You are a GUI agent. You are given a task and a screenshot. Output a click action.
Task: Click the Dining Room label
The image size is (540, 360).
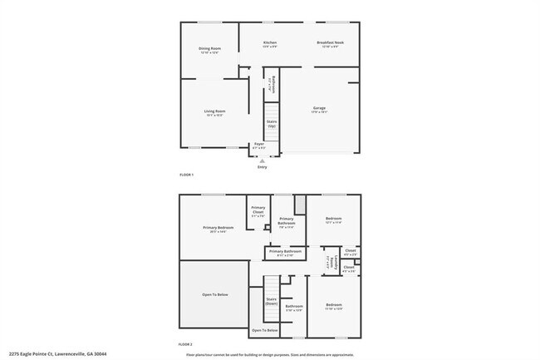click(x=209, y=50)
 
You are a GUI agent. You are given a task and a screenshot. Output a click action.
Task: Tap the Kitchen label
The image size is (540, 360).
click(x=269, y=43)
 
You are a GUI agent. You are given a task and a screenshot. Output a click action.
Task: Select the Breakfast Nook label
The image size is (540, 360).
click(x=330, y=43)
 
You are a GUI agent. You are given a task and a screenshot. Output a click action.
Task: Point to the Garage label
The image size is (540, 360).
click(x=319, y=109)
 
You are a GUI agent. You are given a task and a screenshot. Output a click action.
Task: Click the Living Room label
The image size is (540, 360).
click(x=215, y=112)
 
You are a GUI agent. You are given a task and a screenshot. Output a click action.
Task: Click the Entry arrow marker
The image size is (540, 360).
click(x=263, y=160)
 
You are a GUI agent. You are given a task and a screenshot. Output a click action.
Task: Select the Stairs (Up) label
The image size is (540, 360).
click(x=272, y=124)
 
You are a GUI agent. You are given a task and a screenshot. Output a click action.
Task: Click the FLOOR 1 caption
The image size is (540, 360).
click(x=186, y=175)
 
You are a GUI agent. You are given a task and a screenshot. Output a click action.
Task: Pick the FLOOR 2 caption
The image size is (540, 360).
click(x=186, y=343)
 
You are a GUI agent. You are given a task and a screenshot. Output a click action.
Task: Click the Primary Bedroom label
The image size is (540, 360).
click(x=218, y=229)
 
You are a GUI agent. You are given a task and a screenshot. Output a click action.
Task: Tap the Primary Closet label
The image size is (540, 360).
click(x=258, y=211)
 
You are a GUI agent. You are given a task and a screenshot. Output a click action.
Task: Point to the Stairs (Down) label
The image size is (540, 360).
click(x=272, y=301)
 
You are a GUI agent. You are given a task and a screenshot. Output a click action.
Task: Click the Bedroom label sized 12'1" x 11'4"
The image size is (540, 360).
click(x=333, y=220)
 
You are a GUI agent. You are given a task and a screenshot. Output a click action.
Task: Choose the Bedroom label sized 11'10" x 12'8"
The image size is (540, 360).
click(x=333, y=307)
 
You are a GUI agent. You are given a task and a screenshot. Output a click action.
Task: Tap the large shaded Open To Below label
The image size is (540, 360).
click(x=214, y=295)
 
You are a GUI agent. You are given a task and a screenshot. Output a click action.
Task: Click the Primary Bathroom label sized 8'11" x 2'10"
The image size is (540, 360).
click(x=285, y=252)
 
